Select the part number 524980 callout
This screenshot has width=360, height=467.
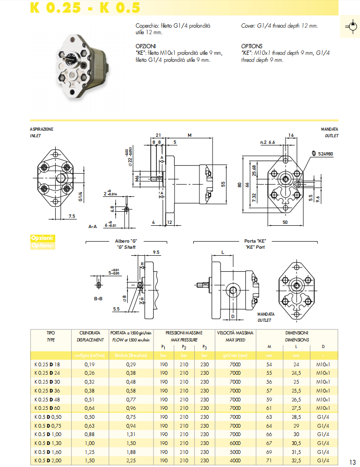[325, 154]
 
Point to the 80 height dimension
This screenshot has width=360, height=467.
[239, 185]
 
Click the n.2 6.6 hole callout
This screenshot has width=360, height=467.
[267, 142]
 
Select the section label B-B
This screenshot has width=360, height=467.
[98, 298]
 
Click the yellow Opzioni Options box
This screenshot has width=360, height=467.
[43, 241]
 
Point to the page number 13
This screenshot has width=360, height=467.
[353, 461]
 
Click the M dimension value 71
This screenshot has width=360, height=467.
[269, 461]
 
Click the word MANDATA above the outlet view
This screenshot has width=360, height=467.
[329, 129]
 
